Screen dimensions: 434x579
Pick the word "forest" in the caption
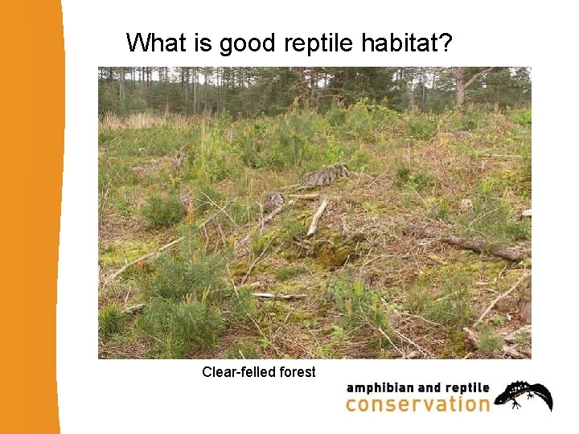(296, 372)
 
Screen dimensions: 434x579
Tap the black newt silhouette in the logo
(524, 395)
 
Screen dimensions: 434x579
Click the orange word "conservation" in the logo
(417, 403)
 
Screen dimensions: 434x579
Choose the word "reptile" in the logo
(463, 387)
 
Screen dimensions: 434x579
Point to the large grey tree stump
(324, 174)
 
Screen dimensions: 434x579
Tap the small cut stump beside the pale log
(274, 200)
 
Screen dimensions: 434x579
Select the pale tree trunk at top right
(459, 88)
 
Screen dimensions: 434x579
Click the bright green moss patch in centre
(332, 256)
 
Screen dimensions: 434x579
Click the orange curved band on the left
(32, 217)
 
